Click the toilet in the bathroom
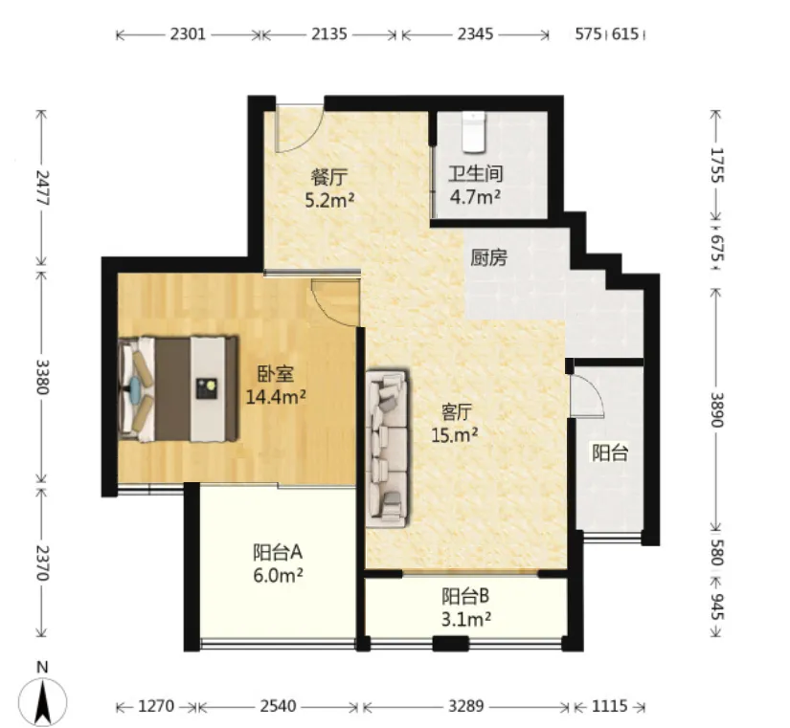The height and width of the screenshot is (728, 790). (x=473, y=132)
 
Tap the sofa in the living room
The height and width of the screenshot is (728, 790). (x=387, y=449)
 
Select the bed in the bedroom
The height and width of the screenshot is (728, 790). (x=178, y=389)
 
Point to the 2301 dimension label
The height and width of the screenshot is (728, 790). (x=188, y=34)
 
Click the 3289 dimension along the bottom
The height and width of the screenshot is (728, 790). (x=466, y=706)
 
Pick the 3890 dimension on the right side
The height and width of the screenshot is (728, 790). (x=717, y=409)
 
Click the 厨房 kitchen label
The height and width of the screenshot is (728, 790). (x=489, y=257)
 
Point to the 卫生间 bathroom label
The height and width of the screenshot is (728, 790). (x=476, y=174)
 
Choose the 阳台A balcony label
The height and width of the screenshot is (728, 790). (x=278, y=552)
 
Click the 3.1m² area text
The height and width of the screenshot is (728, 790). (x=466, y=619)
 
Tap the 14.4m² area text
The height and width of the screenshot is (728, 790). (x=276, y=397)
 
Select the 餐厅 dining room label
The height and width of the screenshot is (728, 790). (x=329, y=177)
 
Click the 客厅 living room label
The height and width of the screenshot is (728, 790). (x=457, y=412)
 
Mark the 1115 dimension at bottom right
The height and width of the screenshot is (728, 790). (x=610, y=706)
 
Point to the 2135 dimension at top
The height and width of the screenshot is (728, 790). (x=329, y=34)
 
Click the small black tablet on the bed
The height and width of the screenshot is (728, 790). (x=207, y=389)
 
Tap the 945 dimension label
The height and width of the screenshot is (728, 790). (x=717, y=607)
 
